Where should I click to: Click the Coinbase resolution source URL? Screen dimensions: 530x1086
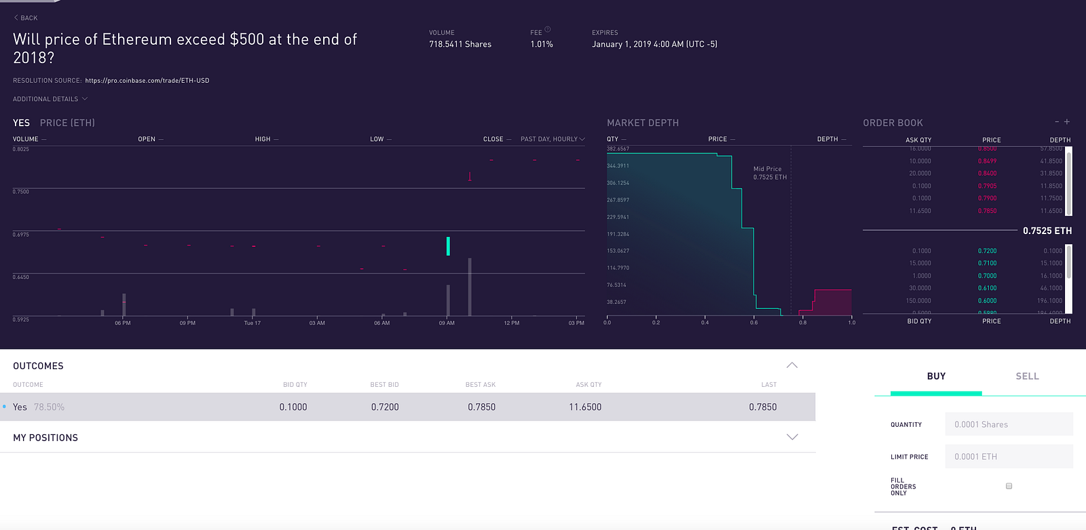coord(147,81)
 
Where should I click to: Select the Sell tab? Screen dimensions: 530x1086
coord(1027,376)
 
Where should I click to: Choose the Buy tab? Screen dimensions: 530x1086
coord(936,376)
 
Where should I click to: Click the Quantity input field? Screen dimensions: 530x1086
coord(1009,424)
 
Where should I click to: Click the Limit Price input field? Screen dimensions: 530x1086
coord(1009,457)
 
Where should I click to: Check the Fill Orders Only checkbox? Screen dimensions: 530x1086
coord(1009,486)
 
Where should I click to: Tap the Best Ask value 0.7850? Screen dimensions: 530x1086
coord(481,407)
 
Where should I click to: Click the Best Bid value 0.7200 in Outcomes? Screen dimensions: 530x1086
coord(385,407)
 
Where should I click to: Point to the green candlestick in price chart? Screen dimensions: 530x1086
coord(448,246)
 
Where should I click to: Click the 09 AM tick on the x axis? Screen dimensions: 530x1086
coord(447,323)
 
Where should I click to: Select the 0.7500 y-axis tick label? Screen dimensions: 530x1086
coord(21,192)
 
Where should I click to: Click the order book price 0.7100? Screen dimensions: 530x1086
coord(987,263)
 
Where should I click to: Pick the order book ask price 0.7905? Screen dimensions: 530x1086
coord(987,186)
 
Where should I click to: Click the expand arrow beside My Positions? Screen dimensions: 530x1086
coord(792,437)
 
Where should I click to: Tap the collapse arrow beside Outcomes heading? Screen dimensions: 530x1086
coord(792,365)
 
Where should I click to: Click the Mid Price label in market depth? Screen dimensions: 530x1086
coord(767,169)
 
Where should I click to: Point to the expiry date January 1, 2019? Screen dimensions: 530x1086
coord(654,44)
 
